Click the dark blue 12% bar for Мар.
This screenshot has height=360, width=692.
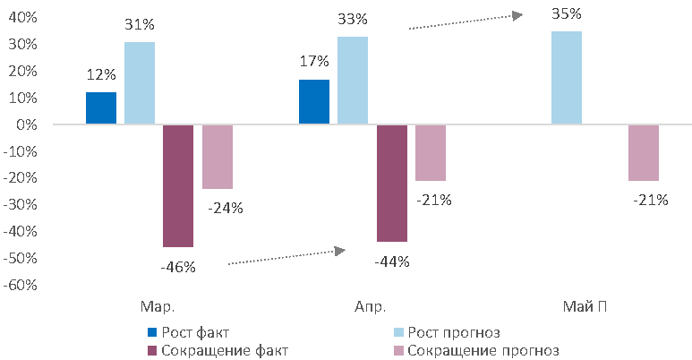click(x=101, y=108)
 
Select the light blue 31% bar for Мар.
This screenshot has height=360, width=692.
click(x=139, y=83)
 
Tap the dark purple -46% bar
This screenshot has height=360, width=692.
click(x=177, y=186)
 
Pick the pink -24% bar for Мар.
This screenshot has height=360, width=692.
click(x=217, y=157)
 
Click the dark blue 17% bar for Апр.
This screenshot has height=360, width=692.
click(x=313, y=102)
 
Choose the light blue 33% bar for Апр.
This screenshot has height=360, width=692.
click(x=352, y=81)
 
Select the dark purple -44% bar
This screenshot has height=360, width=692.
click(x=391, y=184)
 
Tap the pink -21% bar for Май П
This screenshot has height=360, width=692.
click(x=644, y=153)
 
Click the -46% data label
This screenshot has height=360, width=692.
click(x=177, y=266)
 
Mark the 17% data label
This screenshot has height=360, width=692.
click(x=314, y=63)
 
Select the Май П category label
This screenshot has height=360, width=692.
click(x=585, y=306)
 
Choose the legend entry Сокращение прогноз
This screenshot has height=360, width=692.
click(x=483, y=350)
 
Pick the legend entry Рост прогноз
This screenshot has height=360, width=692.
click(x=453, y=333)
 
